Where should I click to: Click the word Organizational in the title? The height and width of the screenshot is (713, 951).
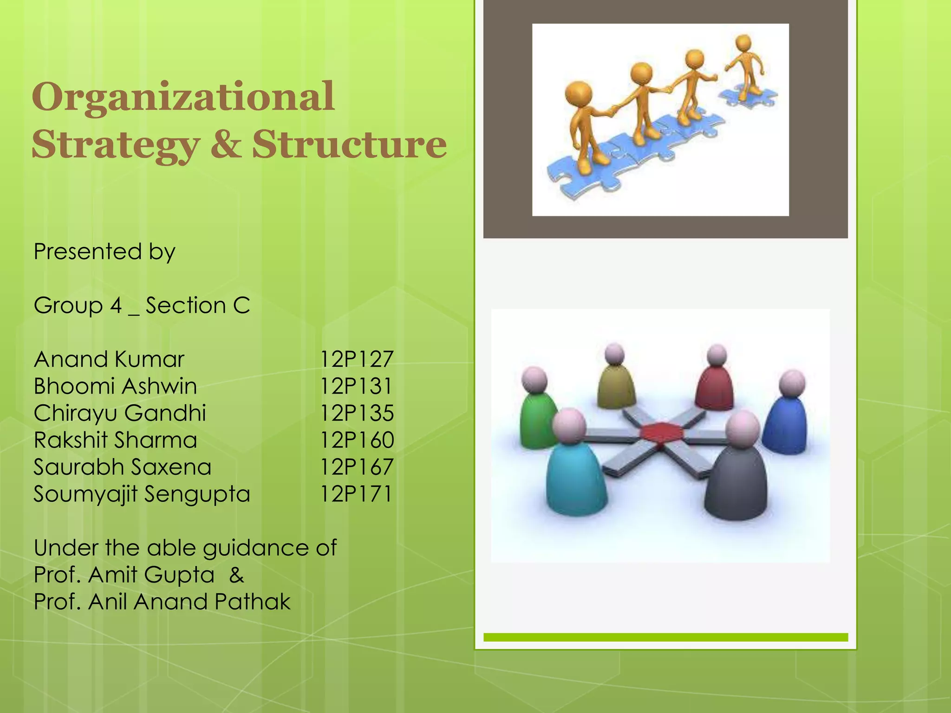[x=183, y=97]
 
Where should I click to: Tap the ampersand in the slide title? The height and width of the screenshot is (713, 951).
[x=226, y=144]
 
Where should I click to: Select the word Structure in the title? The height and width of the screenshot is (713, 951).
[x=349, y=144]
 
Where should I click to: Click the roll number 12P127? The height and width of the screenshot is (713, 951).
[x=357, y=359]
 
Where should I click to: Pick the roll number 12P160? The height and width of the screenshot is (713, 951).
[x=357, y=440]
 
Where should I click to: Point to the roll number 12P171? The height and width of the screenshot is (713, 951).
[x=356, y=494]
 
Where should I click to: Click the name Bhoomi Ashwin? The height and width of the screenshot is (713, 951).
[x=115, y=386]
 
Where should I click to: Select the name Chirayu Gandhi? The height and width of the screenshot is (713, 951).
[x=120, y=413]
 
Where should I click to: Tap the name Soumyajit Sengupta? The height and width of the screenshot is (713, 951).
[x=142, y=494]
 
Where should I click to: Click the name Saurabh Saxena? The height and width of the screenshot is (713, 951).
[x=122, y=467]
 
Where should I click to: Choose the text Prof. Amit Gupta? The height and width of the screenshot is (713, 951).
[x=124, y=575]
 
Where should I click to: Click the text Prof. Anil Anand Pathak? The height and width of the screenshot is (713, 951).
[x=162, y=602]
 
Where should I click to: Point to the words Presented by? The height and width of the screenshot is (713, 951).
[x=104, y=252]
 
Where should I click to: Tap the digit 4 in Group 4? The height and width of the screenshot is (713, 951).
[x=116, y=306]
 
